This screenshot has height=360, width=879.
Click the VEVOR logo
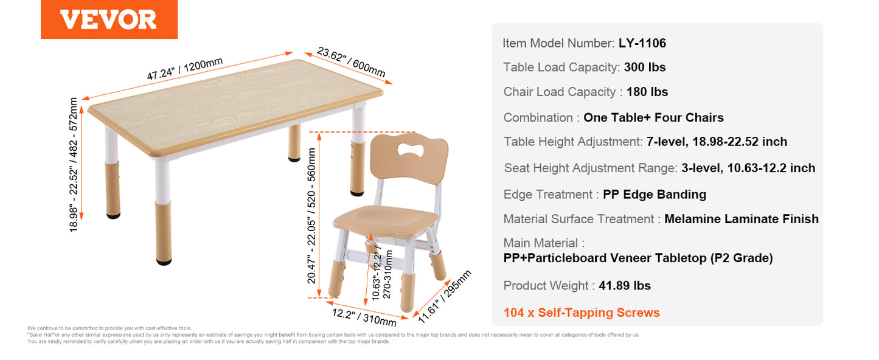[109, 19]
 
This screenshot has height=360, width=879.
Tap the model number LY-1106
[642, 43]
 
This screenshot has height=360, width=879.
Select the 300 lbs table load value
[645, 67]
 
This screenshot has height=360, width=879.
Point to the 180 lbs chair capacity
[647, 92]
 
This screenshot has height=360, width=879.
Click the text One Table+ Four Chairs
[653, 117]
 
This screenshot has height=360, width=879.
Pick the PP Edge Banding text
[655, 195]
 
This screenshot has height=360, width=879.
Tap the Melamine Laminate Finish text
[742, 219]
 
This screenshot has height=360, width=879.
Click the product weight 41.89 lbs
[625, 285]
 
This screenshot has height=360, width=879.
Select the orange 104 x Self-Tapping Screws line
[582, 313]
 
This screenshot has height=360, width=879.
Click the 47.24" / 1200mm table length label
[185, 69]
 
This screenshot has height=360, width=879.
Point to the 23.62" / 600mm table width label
[351, 62]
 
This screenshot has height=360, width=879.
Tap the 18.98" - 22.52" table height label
[74, 165]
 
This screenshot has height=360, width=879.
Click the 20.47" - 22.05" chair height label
[311, 216]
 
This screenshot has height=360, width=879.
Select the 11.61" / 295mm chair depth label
[444, 297]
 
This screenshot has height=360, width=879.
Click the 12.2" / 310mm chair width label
[364, 317]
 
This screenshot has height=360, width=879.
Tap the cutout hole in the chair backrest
[411, 150]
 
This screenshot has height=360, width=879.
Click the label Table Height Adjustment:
[573, 142]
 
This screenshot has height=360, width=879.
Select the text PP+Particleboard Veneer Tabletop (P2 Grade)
[638, 258]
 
